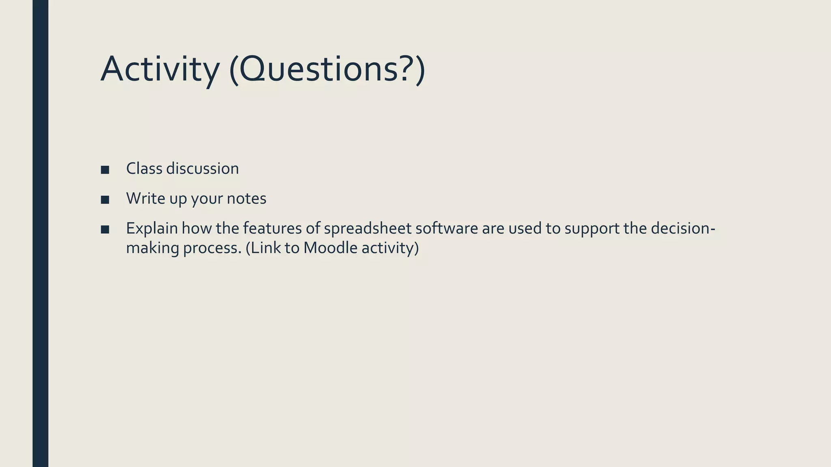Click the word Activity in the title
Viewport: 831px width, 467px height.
coord(160,70)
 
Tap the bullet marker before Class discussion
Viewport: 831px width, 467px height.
coord(105,170)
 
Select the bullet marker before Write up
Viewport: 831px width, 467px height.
coord(105,200)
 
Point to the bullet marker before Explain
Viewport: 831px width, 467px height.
coord(105,230)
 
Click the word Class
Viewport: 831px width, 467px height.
coord(144,169)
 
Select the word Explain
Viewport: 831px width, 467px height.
coord(152,229)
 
